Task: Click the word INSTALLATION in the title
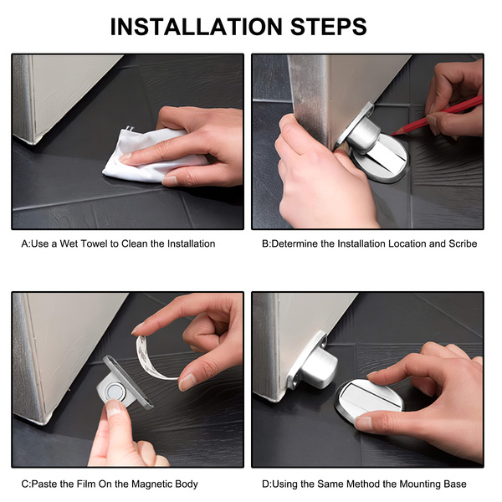point(197,27)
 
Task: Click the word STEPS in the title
point(329,27)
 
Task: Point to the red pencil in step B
point(437,115)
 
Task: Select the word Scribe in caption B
point(463,244)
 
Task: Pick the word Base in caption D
point(456,484)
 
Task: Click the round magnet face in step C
point(113,392)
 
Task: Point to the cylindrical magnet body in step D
point(318,367)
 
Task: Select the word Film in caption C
point(85,484)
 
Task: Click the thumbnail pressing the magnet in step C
point(115,406)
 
